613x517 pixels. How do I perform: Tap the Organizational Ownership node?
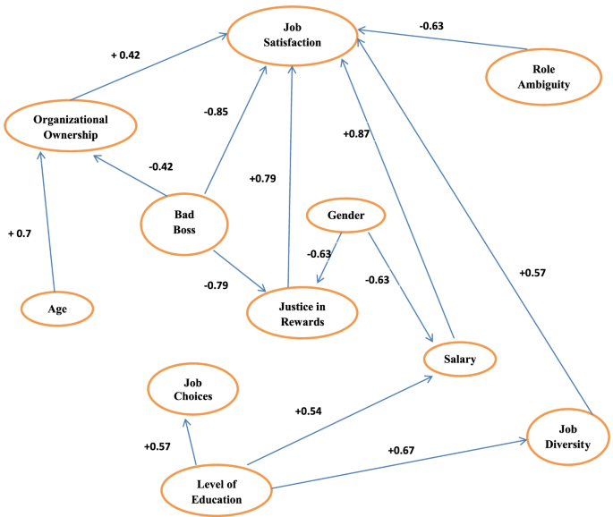(x=70, y=127)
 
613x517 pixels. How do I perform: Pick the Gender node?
(x=345, y=216)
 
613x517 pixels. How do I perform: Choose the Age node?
(x=57, y=309)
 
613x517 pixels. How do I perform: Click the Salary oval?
(x=459, y=359)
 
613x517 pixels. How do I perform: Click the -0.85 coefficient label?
(x=215, y=112)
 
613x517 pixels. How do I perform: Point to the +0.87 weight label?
(x=355, y=133)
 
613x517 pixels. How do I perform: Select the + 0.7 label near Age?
(x=19, y=233)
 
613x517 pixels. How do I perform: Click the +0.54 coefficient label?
(x=309, y=412)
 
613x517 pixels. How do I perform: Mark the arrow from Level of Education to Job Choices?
(x=190, y=440)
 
